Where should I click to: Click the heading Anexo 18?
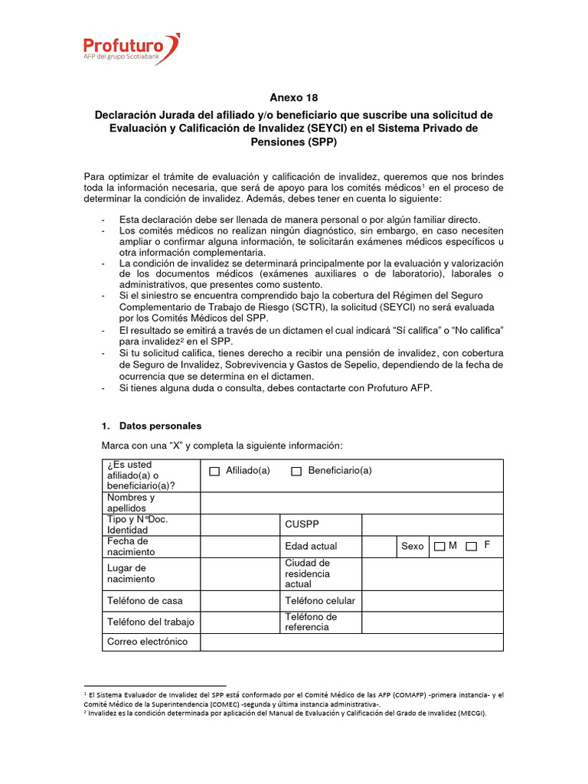[293, 97]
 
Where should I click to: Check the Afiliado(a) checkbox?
[214, 472]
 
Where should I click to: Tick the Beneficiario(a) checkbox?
[296, 472]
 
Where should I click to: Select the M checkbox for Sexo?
[439, 546]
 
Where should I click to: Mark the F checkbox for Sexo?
[472, 546]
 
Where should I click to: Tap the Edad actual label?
[310, 546]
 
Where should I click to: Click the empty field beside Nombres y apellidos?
[351, 502]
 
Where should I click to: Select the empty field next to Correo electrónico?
[351, 642]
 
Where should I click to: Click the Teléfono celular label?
[319, 600]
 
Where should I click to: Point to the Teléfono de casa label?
[145, 600]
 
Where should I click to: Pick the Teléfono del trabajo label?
[150, 622]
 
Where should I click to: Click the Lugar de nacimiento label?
[126, 573]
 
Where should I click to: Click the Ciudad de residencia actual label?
[307, 573]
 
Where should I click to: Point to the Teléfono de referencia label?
[311, 622]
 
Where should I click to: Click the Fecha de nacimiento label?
[131, 546]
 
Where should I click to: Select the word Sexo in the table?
[412, 546]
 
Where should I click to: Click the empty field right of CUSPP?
[432, 524]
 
